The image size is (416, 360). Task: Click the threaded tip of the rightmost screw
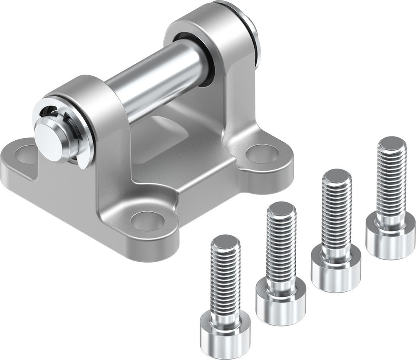click(x=391, y=144)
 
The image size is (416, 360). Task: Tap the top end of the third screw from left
click(x=337, y=176)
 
